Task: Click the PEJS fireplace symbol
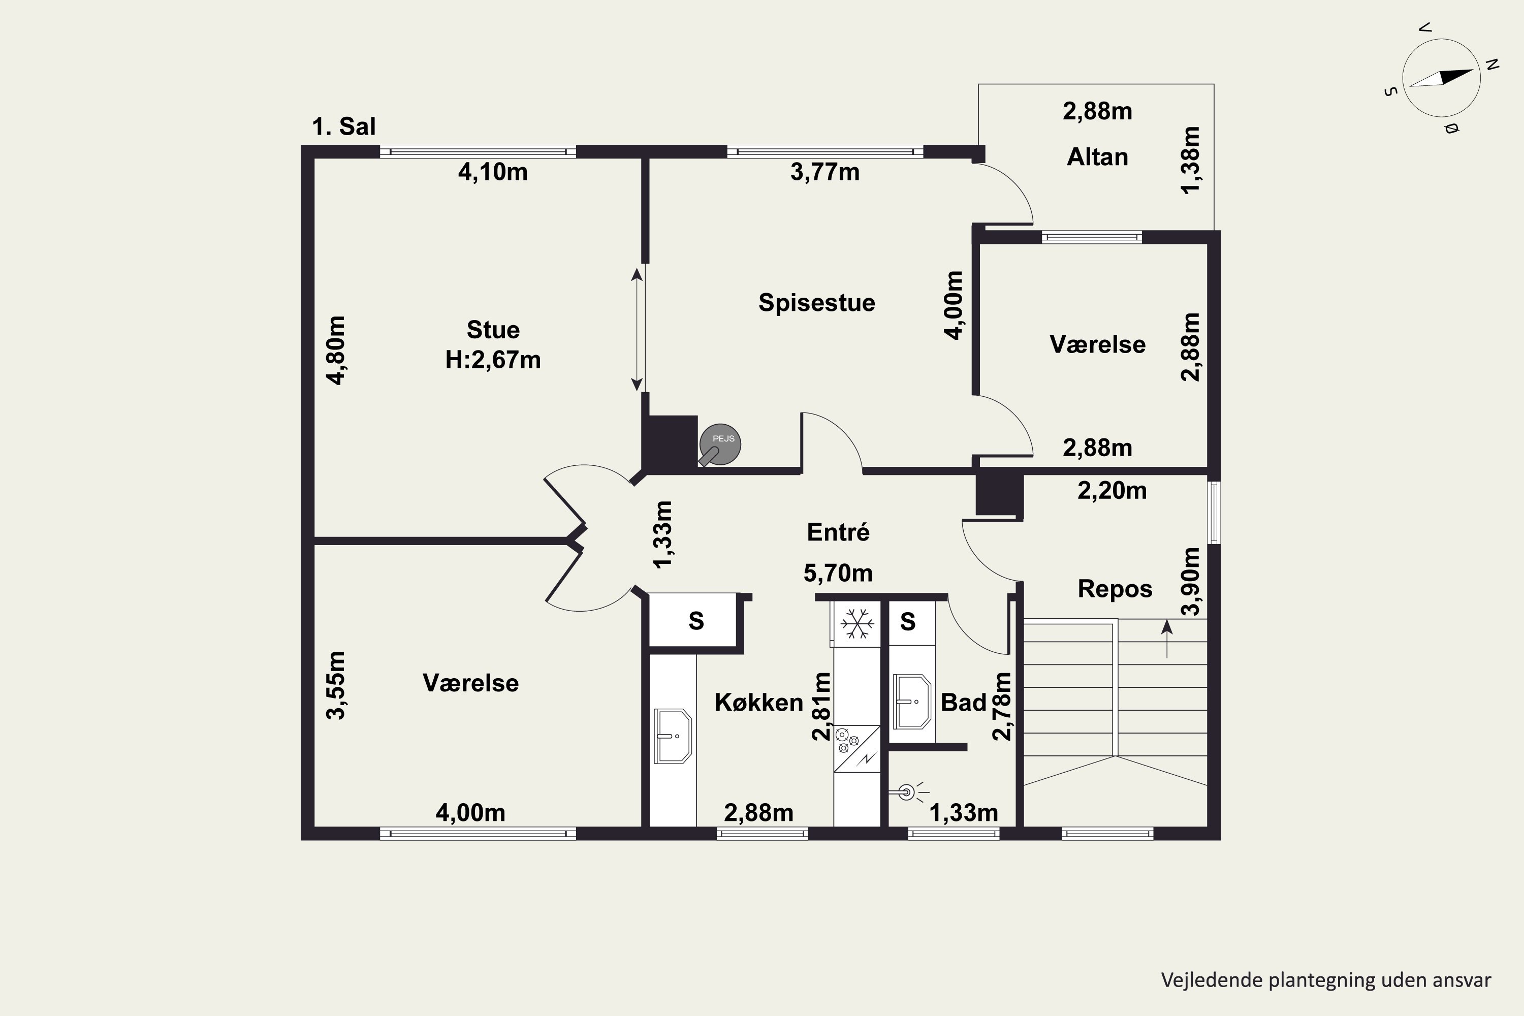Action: (x=720, y=444)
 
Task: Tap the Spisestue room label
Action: (x=816, y=303)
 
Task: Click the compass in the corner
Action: (x=1441, y=78)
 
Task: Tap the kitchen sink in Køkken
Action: (x=673, y=736)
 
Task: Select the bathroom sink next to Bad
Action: (x=912, y=701)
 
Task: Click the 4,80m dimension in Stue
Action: (x=336, y=351)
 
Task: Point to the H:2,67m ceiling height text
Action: (x=493, y=360)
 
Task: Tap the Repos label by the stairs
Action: (x=1115, y=589)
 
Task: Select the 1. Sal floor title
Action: (x=343, y=126)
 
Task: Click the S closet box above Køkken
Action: (x=696, y=621)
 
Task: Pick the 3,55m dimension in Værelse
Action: (x=336, y=685)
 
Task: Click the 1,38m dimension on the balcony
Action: (x=1190, y=160)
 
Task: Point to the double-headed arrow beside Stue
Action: (x=637, y=329)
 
